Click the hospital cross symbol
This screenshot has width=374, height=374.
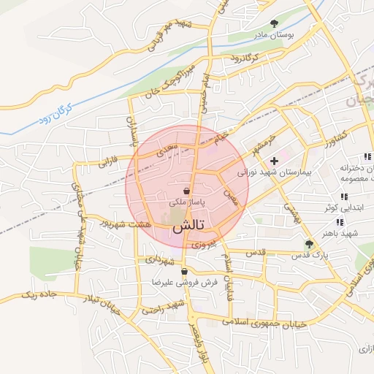[x=274, y=161]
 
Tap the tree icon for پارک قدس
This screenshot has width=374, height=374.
[x=308, y=245]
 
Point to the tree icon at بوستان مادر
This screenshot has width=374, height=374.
[x=275, y=23]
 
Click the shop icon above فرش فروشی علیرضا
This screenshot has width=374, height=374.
[x=185, y=272]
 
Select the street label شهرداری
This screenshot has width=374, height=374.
[x=159, y=259]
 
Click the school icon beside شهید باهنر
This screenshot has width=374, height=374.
[x=340, y=222]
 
